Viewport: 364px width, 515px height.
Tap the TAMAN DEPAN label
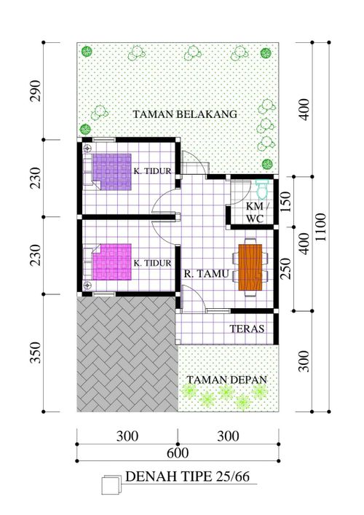(226, 380)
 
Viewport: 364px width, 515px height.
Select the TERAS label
(246, 329)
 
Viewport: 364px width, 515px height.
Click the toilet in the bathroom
(262, 189)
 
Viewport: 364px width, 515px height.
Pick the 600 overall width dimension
(178, 453)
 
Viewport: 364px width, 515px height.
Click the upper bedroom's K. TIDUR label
(151, 172)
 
